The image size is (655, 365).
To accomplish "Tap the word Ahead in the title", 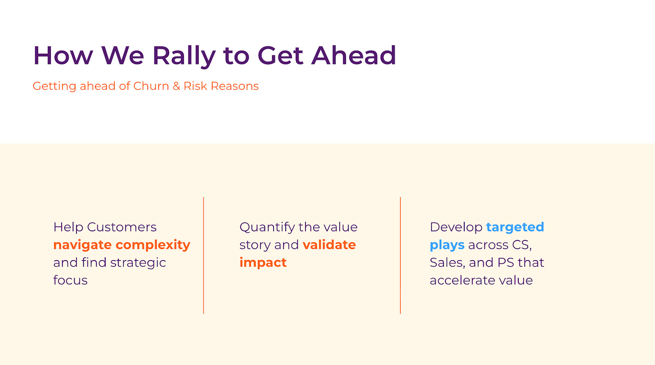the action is pos(353,55).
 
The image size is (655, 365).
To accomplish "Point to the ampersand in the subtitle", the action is pos(176,86).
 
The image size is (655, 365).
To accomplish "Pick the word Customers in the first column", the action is pos(121,227).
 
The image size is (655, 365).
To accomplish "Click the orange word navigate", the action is pos(82,245).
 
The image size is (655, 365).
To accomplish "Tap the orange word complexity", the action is pos(153,245).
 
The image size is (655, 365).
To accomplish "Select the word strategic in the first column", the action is pos(138,263).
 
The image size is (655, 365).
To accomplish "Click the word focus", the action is pos(71,280).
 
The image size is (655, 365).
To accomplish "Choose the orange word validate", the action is pos(329,245).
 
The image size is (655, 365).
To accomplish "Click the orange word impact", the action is pos(263,263).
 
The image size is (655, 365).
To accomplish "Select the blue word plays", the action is pos(447,245).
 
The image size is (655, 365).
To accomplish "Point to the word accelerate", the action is pos(462,280).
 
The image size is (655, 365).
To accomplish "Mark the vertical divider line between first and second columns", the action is pos(203,255).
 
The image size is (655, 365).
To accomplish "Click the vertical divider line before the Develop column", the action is pos(400,255).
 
